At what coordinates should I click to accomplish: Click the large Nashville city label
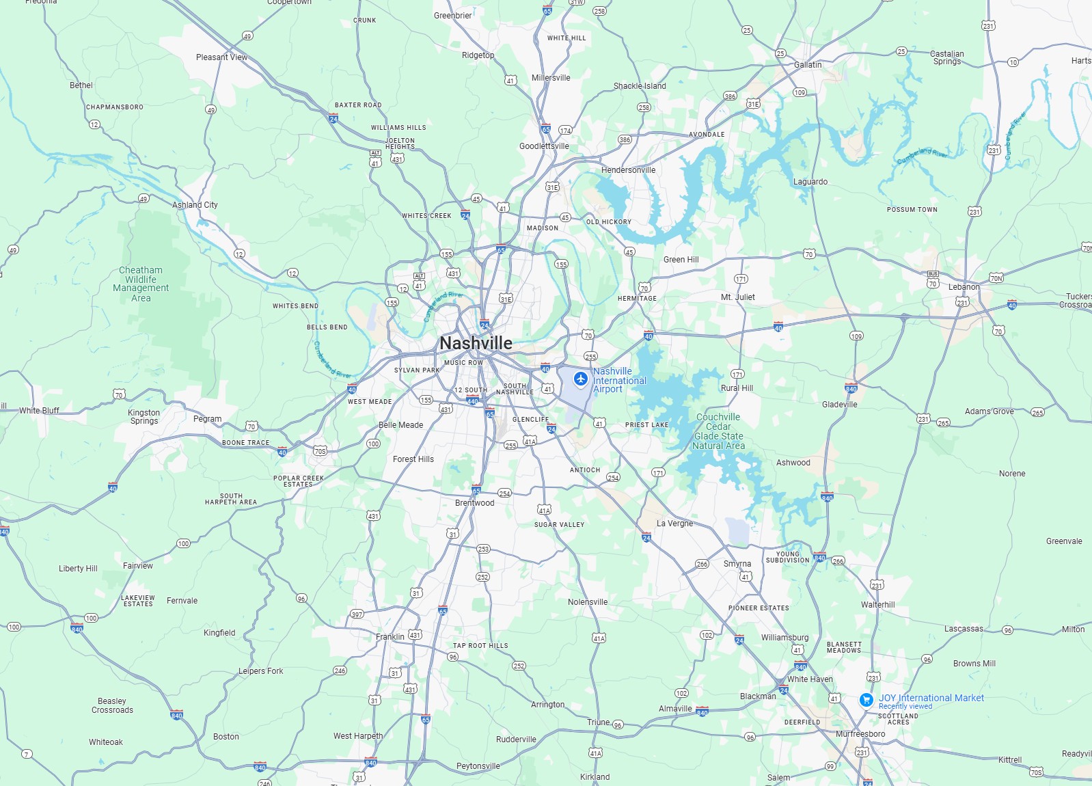click(476, 343)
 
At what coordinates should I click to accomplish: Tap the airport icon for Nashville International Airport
click(581, 379)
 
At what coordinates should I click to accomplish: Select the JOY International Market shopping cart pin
click(866, 700)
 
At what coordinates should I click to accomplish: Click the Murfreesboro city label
click(860, 734)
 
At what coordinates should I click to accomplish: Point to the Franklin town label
click(390, 637)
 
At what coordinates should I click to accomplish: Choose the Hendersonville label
click(628, 170)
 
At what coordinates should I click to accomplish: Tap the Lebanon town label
click(964, 287)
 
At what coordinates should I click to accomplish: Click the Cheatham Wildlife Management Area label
click(141, 284)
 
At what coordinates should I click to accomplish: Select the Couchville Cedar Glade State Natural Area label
click(718, 431)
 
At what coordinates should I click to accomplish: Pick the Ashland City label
click(195, 205)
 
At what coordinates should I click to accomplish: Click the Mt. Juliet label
click(738, 297)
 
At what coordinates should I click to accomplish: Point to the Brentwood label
click(474, 503)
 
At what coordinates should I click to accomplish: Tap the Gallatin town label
click(808, 65)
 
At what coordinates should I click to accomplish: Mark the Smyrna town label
click(737, 564)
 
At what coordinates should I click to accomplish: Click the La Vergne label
click(674, 524)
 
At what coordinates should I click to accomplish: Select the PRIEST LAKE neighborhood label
click(646, 425)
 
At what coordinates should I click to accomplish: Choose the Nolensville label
click(588, 602)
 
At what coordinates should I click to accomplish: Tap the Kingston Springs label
click(144, 417)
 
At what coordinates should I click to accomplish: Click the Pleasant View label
click(221, 57)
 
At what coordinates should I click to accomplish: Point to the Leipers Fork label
click(260, 671)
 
